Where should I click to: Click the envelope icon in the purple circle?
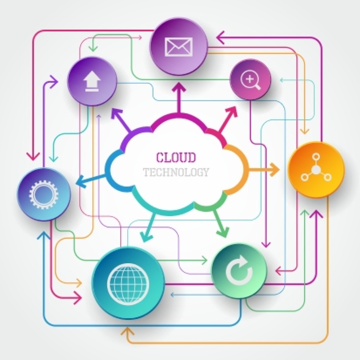tap(179, 46)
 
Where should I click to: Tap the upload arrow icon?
tap(92, 82)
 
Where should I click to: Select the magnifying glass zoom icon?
tap(250, 81)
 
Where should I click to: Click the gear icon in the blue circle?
tap(44, 194)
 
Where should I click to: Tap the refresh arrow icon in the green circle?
tap(239, 270)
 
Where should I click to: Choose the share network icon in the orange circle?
tap(316, 169)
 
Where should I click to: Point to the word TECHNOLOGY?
tap(176, 172)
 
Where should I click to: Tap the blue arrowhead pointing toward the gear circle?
tap(81, 181)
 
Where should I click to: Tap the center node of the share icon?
tap(316, 170)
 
